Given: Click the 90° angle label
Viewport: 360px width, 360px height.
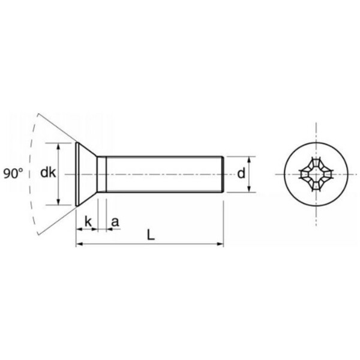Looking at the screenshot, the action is pos(13,173).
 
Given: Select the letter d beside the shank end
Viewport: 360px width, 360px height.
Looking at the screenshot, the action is pos(241,173).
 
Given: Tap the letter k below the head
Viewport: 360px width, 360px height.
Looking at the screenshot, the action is pos(88,222).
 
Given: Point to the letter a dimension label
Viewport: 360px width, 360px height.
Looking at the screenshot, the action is pos(115,222).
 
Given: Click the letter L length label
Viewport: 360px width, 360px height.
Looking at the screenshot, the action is pos(151,235).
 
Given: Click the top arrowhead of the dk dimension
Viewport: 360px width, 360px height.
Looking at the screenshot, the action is pos(58,146).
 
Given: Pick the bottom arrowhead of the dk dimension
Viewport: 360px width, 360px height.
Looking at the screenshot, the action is pos(58,202).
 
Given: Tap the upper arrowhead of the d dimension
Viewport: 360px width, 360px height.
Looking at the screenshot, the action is pos(250,160).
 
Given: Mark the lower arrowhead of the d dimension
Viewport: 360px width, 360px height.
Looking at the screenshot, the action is pos(250,189).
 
